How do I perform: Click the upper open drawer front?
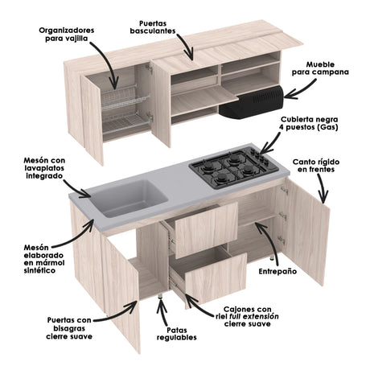207,229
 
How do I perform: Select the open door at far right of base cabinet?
309,241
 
